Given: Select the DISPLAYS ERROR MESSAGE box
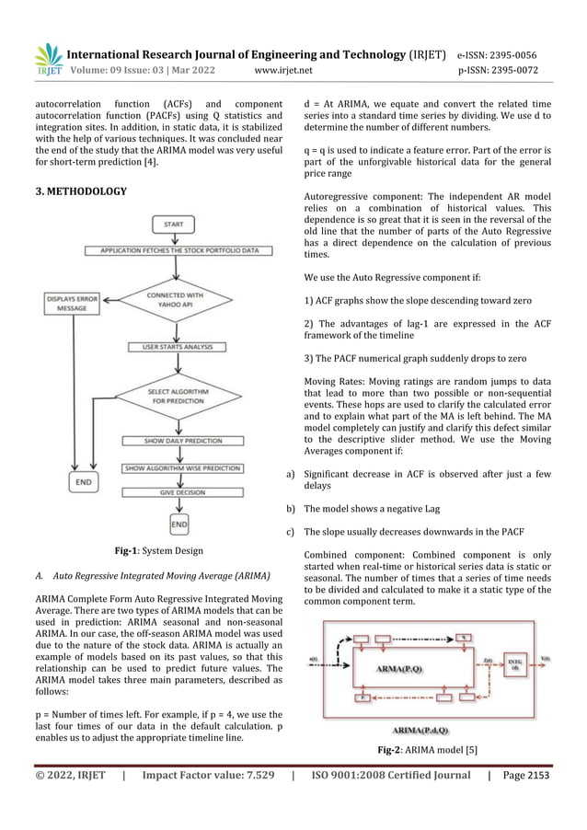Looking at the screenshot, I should click(x=73, y=303).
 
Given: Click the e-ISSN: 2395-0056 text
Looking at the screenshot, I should click(x=506, y=52).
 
